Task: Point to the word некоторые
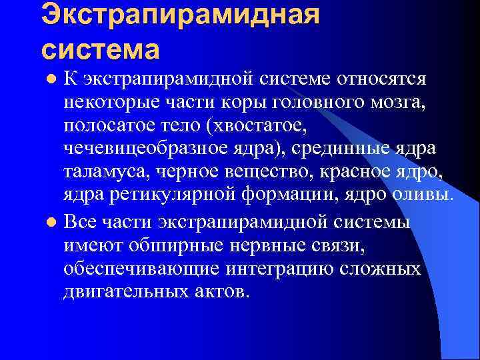point(107,103)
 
